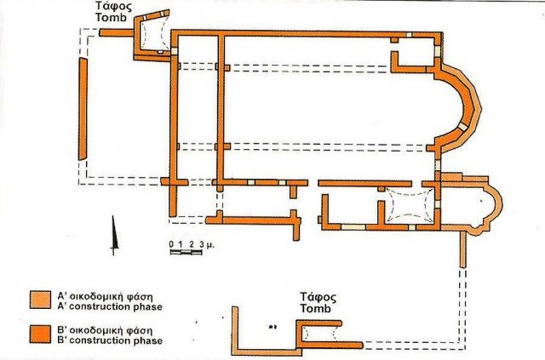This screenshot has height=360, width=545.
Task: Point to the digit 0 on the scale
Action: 171,245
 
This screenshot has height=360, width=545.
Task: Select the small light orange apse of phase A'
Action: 486,204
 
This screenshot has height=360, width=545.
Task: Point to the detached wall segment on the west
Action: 83,108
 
